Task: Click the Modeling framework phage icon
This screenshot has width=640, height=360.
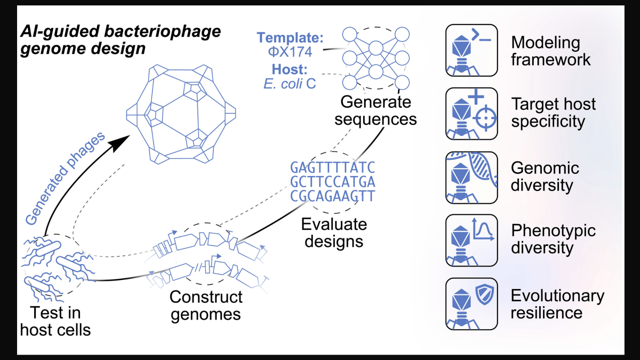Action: point(471,50)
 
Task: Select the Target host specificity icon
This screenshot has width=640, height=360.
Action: point(471,114)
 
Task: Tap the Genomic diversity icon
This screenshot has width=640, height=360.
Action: point(471,178)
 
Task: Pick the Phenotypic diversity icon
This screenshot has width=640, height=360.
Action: point(471,241)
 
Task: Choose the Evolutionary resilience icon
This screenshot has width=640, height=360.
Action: point(471,303)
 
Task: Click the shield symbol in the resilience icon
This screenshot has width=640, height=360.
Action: point(485,294)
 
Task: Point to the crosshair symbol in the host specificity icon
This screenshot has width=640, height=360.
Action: point(486,118)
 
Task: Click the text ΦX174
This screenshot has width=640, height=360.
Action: point(290,52)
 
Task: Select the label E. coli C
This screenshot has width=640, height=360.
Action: point(290,84)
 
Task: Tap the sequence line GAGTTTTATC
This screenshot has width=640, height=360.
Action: point(333,167)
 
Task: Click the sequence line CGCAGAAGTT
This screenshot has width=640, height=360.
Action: point(333,196)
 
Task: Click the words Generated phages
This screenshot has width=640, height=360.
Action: point(65,179)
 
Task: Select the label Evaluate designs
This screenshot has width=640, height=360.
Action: point(334,233)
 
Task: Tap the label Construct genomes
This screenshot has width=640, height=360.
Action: point(206,306)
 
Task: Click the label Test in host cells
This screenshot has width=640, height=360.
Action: point(55,322)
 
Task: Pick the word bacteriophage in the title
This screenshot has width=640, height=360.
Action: point(162,31)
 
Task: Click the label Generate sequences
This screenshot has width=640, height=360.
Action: point(375,110)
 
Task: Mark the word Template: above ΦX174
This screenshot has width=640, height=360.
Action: point(290,37)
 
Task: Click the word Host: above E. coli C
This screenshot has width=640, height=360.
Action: point(290,69)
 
